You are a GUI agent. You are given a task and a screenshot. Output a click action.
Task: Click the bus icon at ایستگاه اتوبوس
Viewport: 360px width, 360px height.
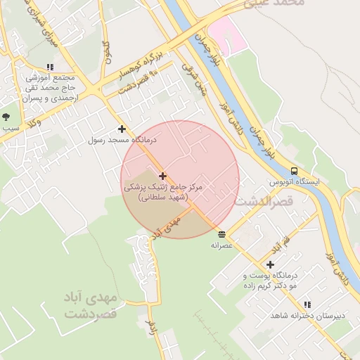click(x=294, y=171)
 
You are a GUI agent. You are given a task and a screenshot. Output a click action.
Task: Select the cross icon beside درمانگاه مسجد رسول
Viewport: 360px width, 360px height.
click(x=122, y=129)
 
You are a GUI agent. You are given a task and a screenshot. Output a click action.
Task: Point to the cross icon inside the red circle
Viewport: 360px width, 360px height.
click(x=162, y=176)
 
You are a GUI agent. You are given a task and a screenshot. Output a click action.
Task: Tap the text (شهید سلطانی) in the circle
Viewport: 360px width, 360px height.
click(x=162, y=198)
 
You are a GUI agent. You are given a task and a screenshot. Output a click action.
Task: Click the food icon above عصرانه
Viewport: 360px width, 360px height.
click(x=222, y=234)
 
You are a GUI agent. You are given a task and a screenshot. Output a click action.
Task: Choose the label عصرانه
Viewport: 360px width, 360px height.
click(x=222, y=245)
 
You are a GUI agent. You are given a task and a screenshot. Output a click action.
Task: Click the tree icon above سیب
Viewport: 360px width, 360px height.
click(x=6, y=117)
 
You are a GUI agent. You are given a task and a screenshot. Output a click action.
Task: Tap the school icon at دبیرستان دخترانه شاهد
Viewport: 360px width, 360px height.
click(x=308, y=304)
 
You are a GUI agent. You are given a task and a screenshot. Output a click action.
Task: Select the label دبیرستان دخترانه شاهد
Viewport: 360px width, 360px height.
click(x=308, y=315)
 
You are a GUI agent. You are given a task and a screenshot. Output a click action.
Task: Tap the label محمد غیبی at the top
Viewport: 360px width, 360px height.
click(x=275, y=4)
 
